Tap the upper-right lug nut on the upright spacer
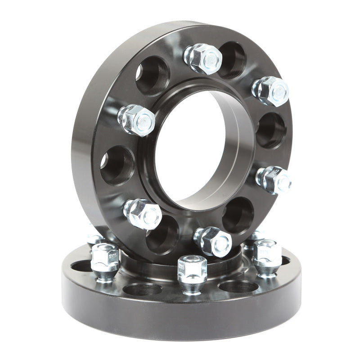(x=270, y=91)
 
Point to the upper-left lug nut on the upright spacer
(x=136, y=120)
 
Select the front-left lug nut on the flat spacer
(x=105, y=261)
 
